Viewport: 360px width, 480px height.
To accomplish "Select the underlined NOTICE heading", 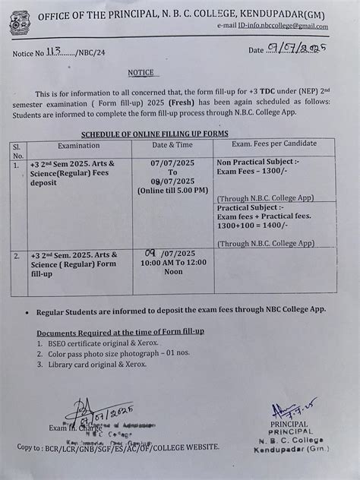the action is [x=141, y=73].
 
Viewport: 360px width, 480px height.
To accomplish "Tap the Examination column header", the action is [x=78, y=144].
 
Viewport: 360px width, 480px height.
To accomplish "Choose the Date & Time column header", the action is [x=172, y=144].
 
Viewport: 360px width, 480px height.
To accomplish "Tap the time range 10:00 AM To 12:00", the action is [x=172, y=261].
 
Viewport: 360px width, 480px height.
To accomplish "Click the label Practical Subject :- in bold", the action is [x=250, y=207].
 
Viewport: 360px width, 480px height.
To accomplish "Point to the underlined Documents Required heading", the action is [x=120, y=332].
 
